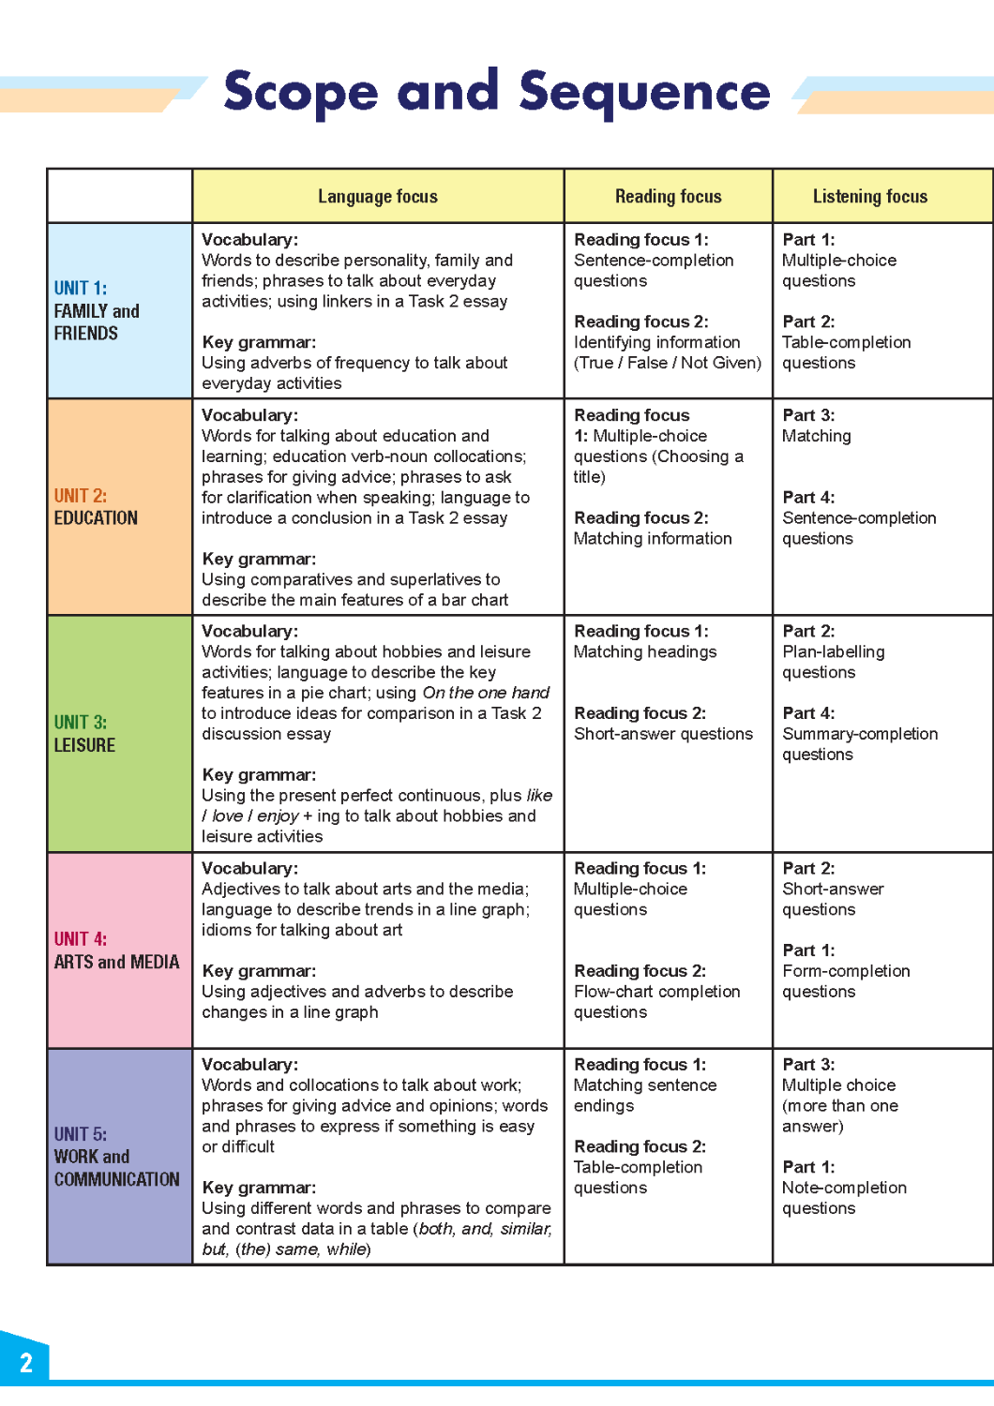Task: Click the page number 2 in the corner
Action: [26, 1363]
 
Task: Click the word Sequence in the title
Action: [644, 93]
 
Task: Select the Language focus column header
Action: [377, 197]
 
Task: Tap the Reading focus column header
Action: [668, 197]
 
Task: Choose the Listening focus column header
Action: [869, 197]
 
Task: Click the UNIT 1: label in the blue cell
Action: [81, 289]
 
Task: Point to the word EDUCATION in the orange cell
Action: [96, 518]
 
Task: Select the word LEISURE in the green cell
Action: [84, 745]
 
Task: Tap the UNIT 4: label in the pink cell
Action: [81, 939]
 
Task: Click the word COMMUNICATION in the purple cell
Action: [116, 1179]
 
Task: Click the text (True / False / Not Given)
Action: [668, 363]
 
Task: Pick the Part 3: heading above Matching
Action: [808, 415]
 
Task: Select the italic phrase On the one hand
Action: [486, 693]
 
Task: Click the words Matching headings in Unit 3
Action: [645, 652]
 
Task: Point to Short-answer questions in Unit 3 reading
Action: [663, 734]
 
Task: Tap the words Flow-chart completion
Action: [656, 992]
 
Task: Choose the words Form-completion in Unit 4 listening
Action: [846, 971]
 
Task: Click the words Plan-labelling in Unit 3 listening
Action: [833, 652]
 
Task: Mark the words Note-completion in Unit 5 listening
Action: [844, 1188]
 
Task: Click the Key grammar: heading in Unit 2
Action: [259, 560]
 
